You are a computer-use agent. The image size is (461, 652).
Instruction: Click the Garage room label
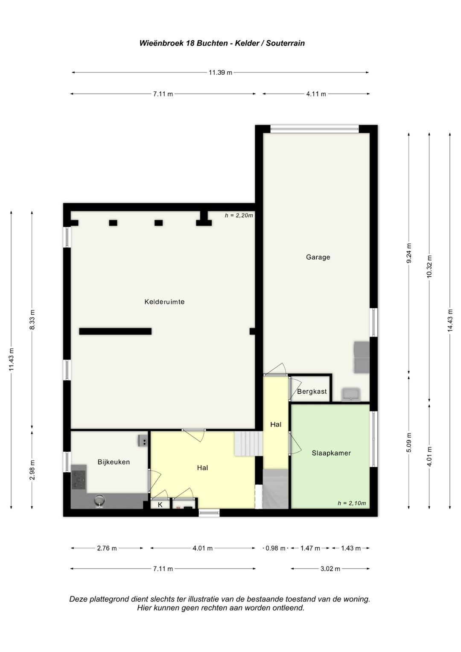click(318, 257)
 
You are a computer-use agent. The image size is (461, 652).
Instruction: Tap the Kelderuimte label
click(164, 302)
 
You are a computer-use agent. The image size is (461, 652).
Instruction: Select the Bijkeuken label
click(114, 462)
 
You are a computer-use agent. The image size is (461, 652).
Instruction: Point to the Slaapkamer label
click(331, 453)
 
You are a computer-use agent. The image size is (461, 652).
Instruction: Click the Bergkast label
click(312, 392)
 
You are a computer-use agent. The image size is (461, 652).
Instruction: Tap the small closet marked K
click(160, 505)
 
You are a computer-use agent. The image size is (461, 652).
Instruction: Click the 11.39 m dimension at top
click(220, 73)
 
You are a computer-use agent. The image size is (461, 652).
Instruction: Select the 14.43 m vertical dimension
click(450, 320)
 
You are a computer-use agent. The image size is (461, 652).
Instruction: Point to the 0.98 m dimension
click(275, 548)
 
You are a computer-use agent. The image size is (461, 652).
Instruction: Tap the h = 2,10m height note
click(352, 503)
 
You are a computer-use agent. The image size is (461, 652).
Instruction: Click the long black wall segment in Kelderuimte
click(115, 331)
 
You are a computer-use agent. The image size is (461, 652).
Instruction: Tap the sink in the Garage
click(351, 395)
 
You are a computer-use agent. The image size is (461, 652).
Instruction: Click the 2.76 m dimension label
click(107, 548)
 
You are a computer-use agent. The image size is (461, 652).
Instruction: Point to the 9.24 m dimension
click(409, 253)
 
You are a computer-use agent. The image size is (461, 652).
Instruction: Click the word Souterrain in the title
click(285, 44)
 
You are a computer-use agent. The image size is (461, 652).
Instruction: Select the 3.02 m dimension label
click(330, 568)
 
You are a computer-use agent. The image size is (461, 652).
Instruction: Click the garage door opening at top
click(314, 129)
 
